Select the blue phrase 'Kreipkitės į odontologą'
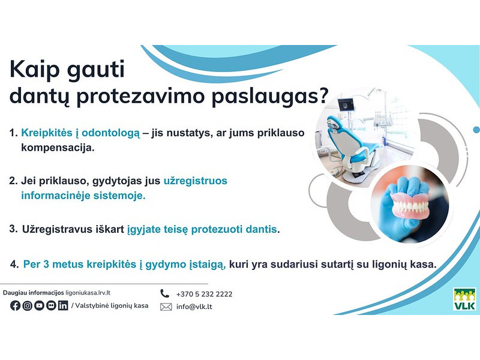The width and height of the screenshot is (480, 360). coord(80,132)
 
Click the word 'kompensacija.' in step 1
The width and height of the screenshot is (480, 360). coord(58,147)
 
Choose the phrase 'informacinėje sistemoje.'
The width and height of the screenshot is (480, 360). coord(83,195)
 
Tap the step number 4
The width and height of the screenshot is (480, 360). coord(14,264)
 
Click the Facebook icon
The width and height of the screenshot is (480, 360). coord(16,305)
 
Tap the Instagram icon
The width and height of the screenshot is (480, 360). coord(27,305)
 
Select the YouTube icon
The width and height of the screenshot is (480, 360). coord(39,305)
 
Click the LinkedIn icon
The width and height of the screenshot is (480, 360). coord(63,305)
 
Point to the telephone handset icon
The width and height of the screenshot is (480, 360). coord(165,293)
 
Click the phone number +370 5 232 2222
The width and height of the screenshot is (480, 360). coord(204,294)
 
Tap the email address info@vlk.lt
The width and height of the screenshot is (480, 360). coord(194,307)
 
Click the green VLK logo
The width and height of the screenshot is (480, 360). coord(464,299)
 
